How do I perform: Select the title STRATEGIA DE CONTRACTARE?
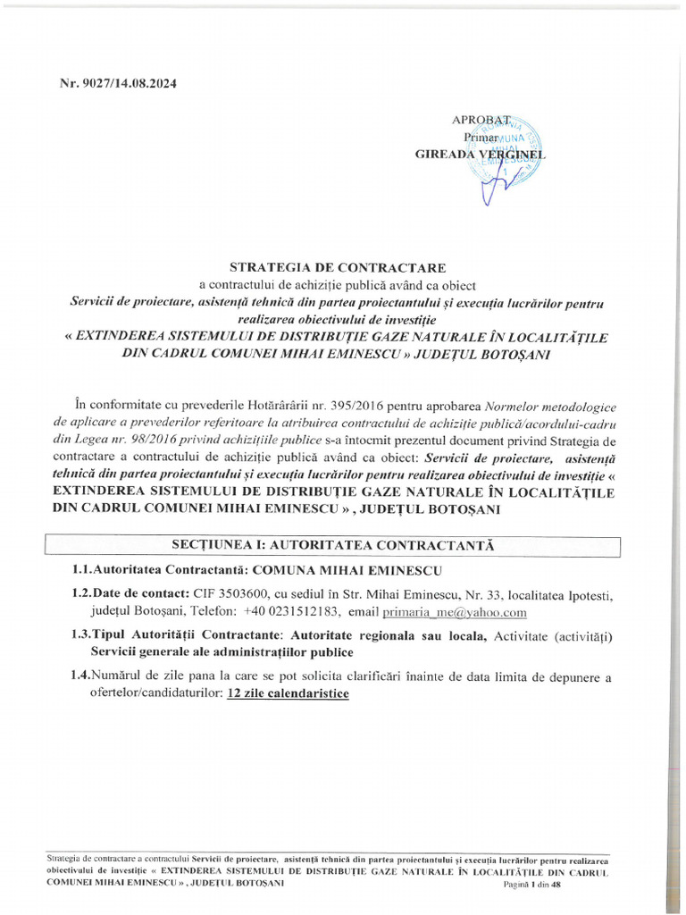pyautogui.click(x=337, y=267)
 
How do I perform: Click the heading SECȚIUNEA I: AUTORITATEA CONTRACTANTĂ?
pyautogui.click(x=332, y=545)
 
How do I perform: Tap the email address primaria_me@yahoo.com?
pyautogui.click(x=455, y=612)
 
